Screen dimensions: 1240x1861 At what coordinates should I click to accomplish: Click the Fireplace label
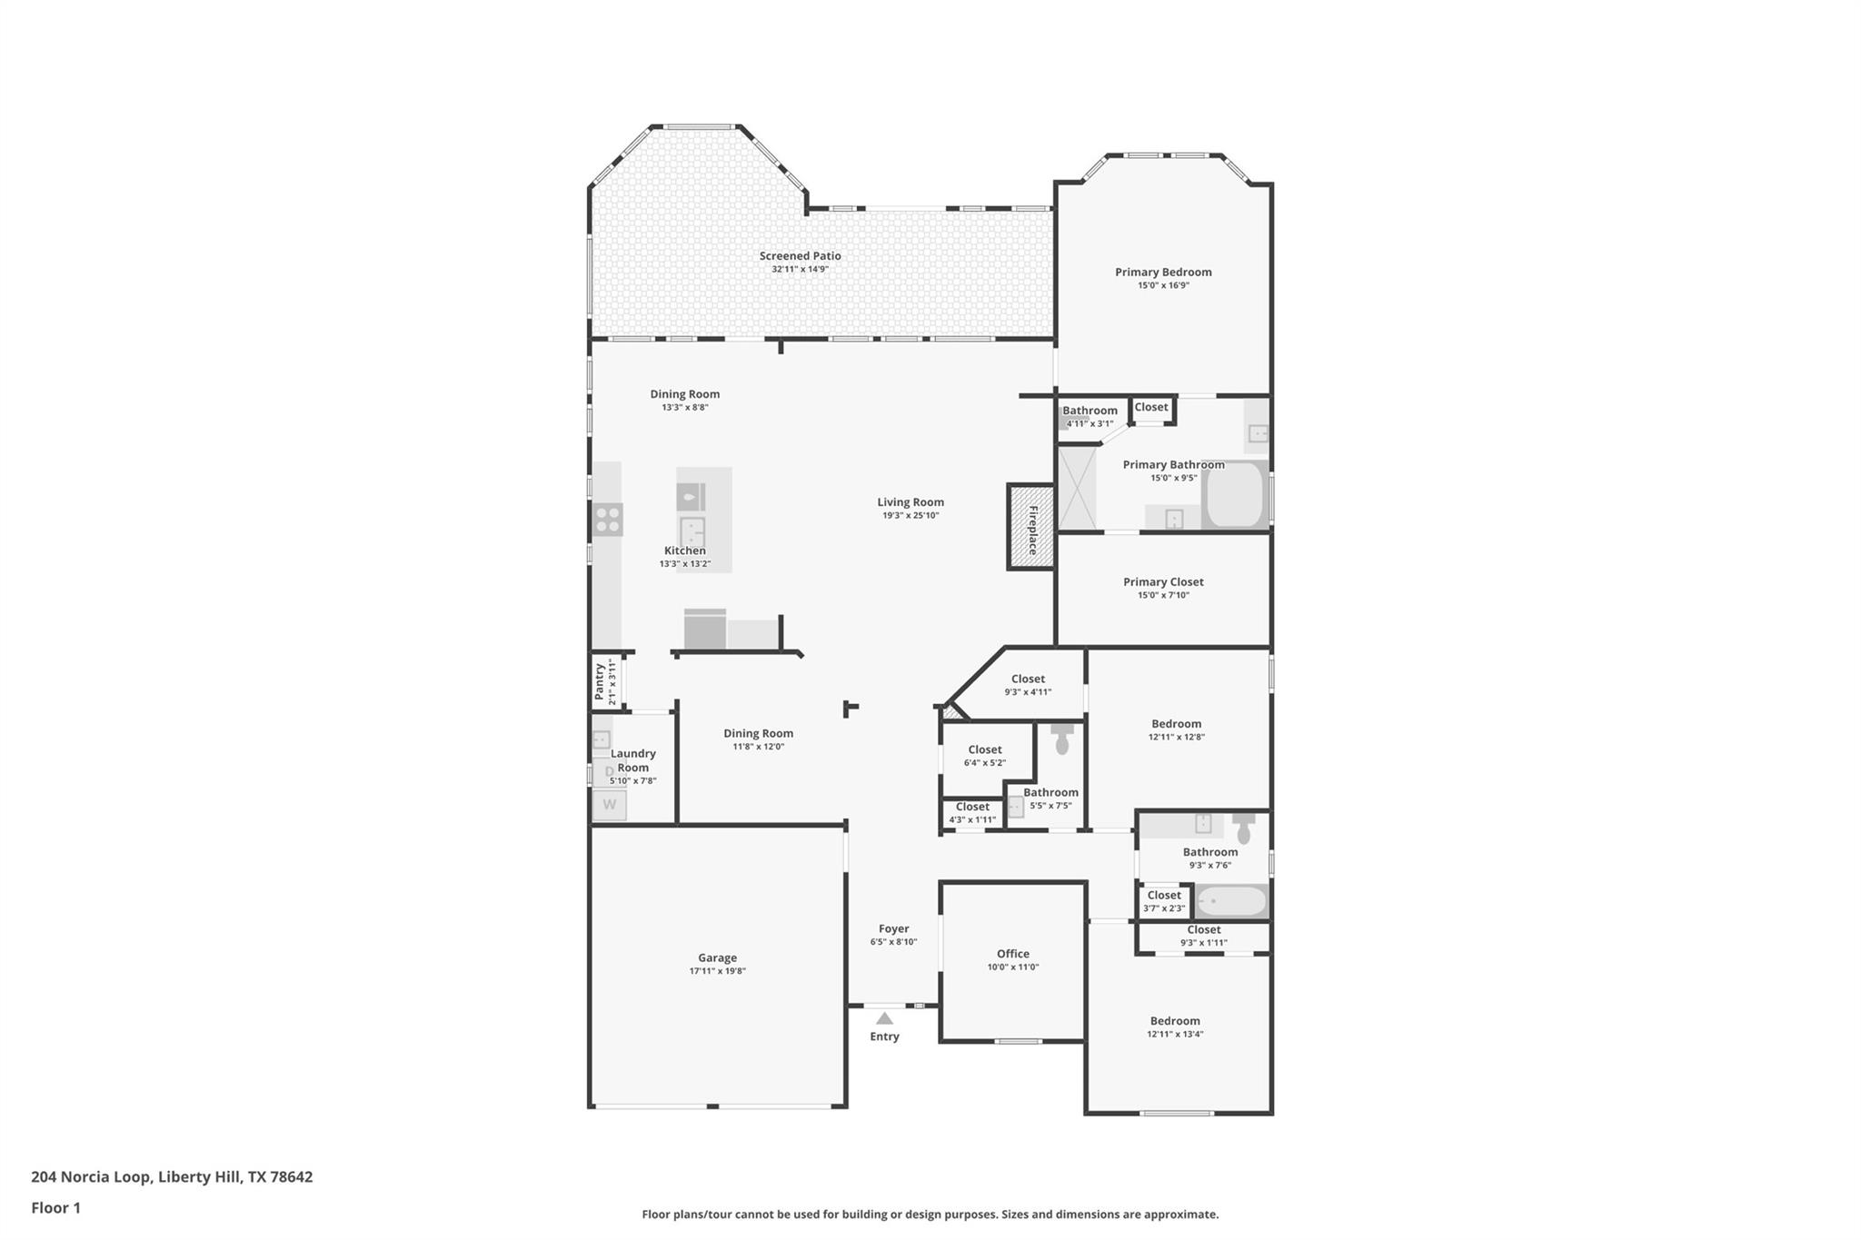(x=1033, y=530)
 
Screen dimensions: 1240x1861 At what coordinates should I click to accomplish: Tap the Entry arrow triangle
(x=884, y=1018)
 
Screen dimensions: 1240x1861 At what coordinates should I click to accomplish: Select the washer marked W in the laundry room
(x=610, y=805)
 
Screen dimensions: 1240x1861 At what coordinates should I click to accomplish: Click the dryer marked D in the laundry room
(x=609, y=772)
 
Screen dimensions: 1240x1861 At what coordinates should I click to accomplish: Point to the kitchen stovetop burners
(x=608, y=520)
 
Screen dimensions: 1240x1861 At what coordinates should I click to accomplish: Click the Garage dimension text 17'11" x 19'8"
(x=717, y=971)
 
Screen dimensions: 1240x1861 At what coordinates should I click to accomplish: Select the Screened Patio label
(x=800, y=256)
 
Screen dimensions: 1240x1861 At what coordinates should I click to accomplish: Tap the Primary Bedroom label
(x=1163, y=272)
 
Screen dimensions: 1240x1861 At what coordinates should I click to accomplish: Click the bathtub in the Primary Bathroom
(x=1234, y=495)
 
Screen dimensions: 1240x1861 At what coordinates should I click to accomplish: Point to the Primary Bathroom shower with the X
(x=1078, y=487)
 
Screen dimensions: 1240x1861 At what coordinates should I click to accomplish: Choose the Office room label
(x=1012, y=954)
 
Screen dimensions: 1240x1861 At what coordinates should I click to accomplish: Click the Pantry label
(x=600, y=682)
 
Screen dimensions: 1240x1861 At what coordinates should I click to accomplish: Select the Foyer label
(x=893, y=928)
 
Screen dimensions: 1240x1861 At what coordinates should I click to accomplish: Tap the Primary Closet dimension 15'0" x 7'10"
(x=1163, y=595)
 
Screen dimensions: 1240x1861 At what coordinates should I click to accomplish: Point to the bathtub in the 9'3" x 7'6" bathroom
(x=1231, y=901)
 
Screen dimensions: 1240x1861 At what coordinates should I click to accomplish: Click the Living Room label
(x=910, y=502)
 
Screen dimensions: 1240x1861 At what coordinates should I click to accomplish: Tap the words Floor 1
(x=55, y=1207)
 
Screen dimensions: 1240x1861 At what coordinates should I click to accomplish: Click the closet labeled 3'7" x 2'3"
(x=1163, y=901)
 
